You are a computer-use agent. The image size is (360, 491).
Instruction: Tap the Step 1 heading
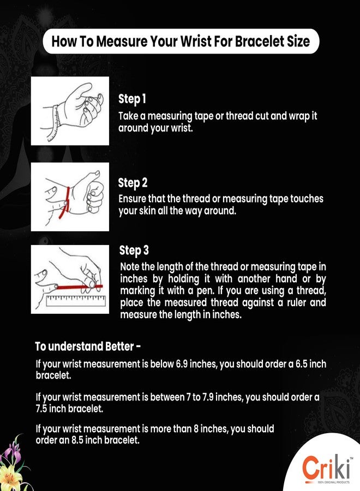click(132, 99)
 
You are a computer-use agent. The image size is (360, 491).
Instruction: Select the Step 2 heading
click(133, 183)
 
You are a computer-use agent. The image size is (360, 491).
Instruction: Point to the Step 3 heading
click(134, 250)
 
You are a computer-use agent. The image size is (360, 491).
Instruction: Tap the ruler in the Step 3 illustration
click(76, 300)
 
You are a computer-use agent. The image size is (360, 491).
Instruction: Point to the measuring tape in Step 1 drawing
click(55, 123)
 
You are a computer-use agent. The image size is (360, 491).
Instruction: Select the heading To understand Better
click(88, 346)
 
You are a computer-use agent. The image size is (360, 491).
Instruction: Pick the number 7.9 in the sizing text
click(208, 397)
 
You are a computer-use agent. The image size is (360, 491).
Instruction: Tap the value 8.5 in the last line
click(77, 440)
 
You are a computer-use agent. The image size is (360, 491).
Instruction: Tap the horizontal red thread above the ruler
click(79, 286)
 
